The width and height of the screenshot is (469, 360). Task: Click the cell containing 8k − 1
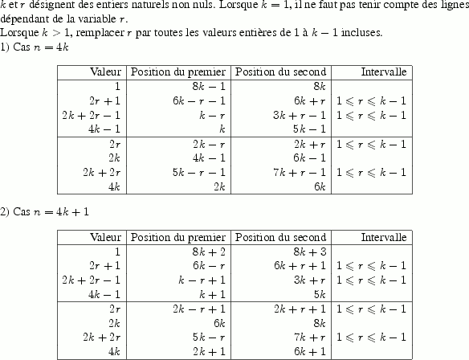pos(208,86)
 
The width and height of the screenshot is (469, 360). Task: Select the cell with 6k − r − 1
pos(198,101)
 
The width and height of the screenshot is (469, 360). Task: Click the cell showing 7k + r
pos(308,337)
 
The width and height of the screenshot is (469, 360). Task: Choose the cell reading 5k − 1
pos(308,129)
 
